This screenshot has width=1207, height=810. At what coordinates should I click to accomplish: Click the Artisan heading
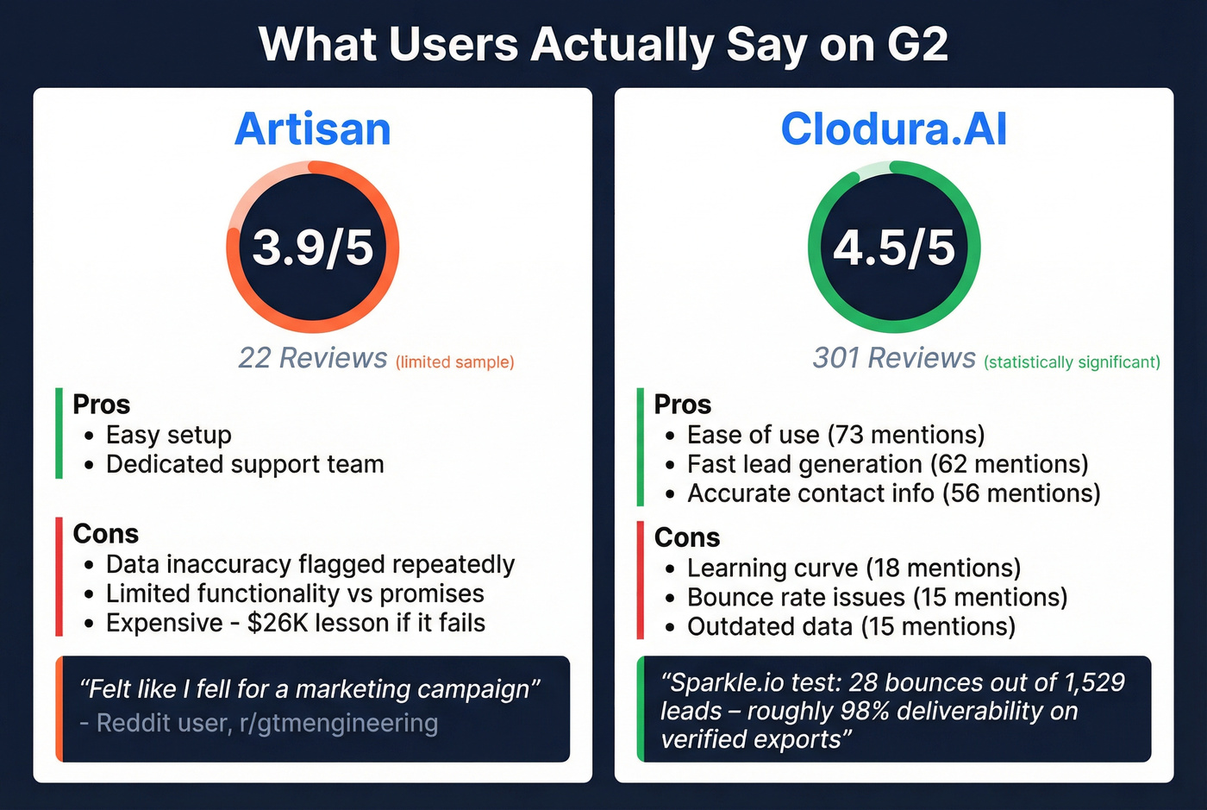click(313, 129)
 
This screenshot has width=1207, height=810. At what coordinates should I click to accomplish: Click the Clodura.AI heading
click(894, 129)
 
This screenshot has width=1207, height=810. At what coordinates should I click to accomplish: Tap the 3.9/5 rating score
click(313, 248)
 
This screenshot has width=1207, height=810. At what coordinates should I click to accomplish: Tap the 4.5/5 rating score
click(894, 248)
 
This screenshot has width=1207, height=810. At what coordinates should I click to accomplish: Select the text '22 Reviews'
click(313, 358)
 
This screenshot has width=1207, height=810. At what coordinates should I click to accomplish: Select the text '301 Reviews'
click(894, 358)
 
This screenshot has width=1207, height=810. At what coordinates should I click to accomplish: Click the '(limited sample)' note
click(455, 362)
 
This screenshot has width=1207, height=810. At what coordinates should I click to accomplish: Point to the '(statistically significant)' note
click(1072, 362)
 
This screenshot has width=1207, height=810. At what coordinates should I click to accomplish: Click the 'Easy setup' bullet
click(169, 435)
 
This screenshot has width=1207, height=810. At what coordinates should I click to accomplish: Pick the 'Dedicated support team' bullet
click(245, 464)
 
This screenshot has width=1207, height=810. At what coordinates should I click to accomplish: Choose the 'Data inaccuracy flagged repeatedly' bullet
click(310, 564)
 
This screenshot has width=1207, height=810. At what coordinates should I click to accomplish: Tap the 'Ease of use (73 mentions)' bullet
click(835, 435)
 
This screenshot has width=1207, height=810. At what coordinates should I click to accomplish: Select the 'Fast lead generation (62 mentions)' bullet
click(887, 464)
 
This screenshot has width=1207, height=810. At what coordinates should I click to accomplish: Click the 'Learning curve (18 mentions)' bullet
click(854, 568)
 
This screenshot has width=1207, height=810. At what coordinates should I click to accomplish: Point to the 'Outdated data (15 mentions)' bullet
click(851, 626)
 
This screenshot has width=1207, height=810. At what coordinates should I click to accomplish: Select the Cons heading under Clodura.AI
click(687, 537)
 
